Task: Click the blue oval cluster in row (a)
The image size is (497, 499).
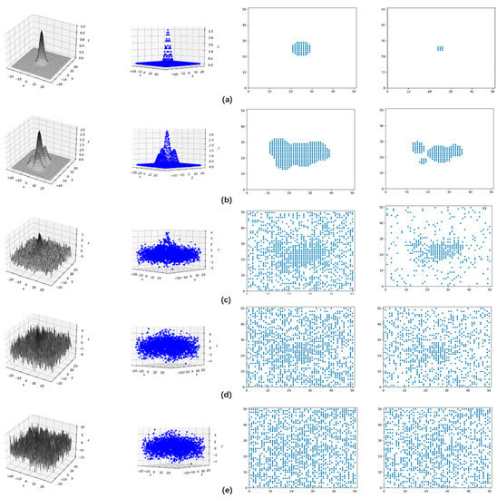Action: click(x=300, y=48)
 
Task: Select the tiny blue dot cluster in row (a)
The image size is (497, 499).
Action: click(x=440, y=48)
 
